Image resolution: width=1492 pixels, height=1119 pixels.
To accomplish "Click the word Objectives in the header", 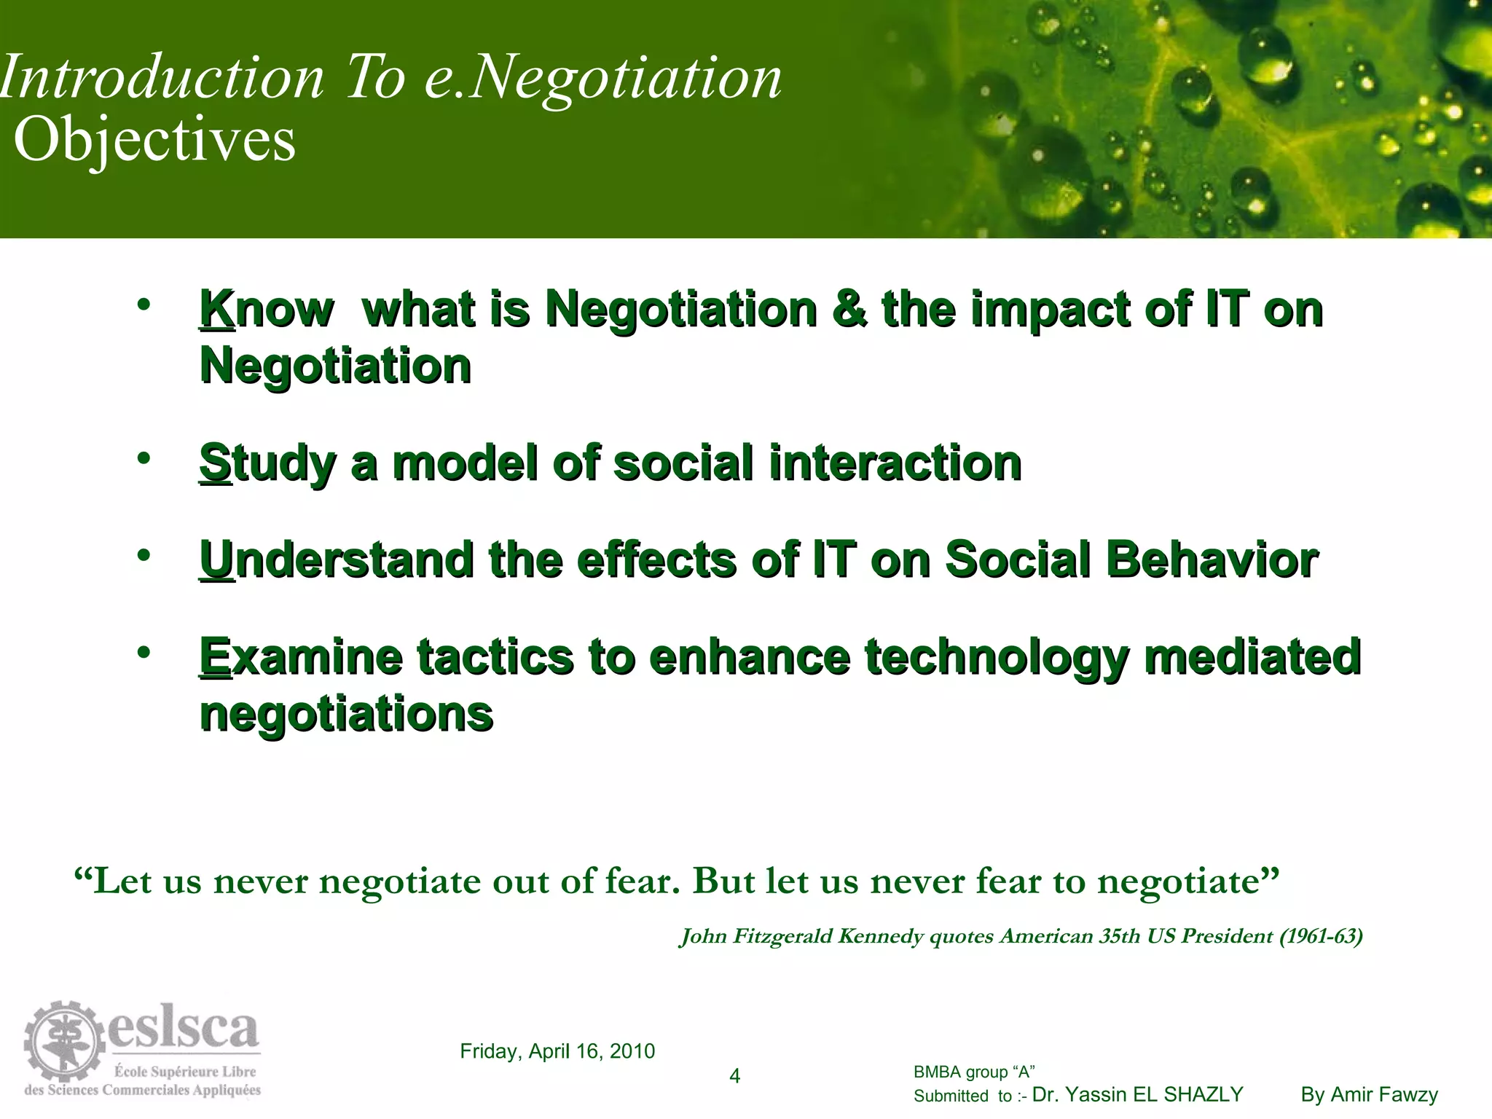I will (x=154, y=140).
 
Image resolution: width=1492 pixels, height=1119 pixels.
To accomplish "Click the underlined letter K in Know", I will (x=216, y=310).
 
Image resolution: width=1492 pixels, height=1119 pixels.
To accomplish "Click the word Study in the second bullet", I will (x=267, y=464).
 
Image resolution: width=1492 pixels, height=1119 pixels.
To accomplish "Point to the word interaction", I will (x=895, y=464).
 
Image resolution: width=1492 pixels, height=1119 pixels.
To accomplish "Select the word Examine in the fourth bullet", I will (x=300, y=657).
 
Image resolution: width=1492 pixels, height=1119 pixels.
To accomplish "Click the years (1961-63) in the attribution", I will (x=1321, y=936).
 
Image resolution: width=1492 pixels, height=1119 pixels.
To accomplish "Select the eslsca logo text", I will (x=184, y=1029).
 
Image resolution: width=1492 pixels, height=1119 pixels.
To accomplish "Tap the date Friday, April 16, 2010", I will (x=557, y=1051).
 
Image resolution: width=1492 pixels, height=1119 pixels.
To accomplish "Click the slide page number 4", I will (x=734, y=1076).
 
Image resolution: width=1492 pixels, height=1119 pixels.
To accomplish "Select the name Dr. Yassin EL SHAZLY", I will (x=1138, y=1095).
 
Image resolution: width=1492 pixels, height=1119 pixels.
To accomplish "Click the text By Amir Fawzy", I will (x=1369, y=1095).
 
